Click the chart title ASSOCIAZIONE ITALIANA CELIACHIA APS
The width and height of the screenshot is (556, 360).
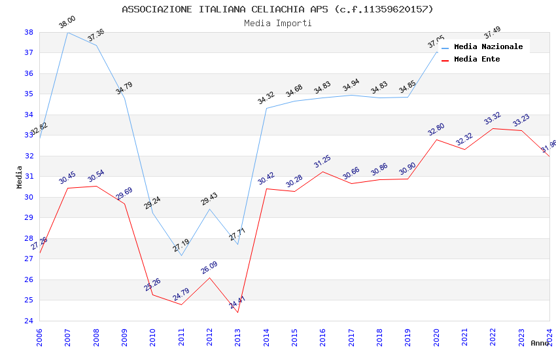click(x=277, y=9)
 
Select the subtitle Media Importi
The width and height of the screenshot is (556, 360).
click(x=277, y=24)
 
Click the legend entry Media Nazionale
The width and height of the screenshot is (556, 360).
click(x=488, y=47)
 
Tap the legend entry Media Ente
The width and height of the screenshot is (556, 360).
click(x=477, y=60)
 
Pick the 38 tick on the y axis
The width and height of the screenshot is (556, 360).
click(x=29, y=32)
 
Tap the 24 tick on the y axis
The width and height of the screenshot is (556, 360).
click(x=29, y=321)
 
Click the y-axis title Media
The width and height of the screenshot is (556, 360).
click(x=20, y=177)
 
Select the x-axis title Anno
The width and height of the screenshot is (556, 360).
click(x=540, y=343)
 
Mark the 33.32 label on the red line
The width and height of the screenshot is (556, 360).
click(x=493, y=119)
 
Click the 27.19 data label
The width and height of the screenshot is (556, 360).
click(x=181, y=246)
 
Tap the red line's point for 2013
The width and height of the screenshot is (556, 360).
click(x=237, y=312)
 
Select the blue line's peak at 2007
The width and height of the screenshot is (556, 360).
click(x=67, y=32)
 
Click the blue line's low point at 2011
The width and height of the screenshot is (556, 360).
click(x=181, y=255)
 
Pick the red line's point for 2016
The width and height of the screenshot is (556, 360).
click(x=322, y=171)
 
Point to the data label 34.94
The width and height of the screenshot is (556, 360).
click(x=351, y=86)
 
